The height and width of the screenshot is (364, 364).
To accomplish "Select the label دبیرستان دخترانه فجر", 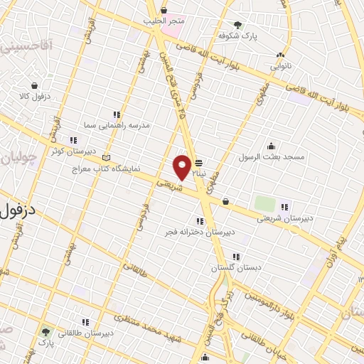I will click(200, 232).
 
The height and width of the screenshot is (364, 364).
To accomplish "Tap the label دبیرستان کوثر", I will click(68, 150).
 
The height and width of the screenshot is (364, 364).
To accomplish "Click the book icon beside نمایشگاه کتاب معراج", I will click(107, 157).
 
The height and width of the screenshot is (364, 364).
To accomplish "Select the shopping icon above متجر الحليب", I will click(164, 10).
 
